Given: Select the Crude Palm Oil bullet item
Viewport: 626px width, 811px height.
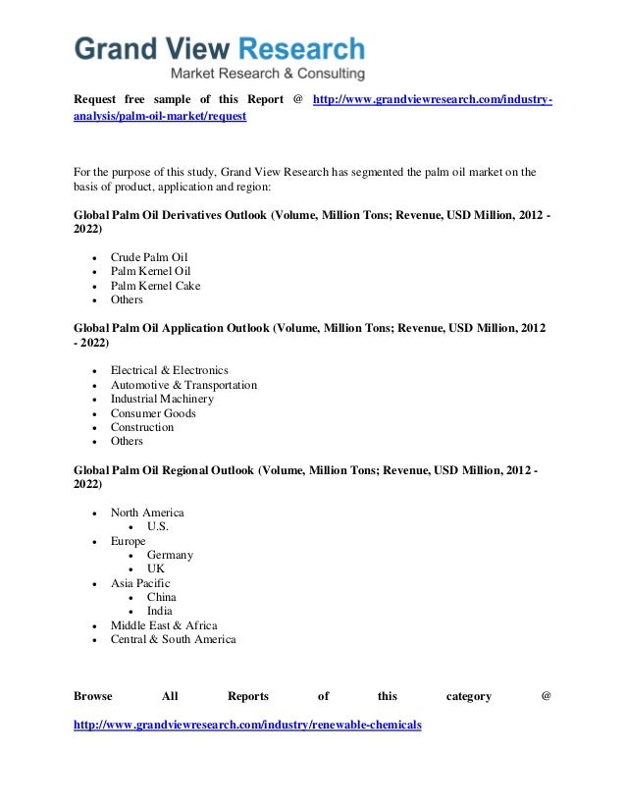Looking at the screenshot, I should point(148,257).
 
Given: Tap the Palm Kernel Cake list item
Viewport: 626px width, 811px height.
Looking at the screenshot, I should point(155,286).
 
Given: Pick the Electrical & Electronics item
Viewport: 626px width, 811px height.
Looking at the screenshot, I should point(169,370).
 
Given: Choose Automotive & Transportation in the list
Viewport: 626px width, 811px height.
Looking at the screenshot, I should point(183,385).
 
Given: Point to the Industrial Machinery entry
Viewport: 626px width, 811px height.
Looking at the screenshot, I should point(162,399).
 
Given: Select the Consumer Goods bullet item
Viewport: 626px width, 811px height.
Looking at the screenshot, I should point(153,413).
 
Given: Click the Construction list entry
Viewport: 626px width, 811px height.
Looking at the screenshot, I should point(142,427).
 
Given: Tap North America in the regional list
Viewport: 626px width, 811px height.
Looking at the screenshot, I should point(147,513).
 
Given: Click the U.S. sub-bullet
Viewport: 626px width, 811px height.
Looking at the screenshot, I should point(158,526).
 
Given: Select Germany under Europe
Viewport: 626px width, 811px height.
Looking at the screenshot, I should point(170,555).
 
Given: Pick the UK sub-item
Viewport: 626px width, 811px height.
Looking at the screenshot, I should point(156,568).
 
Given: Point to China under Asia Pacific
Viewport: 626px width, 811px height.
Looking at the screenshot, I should point(162,597).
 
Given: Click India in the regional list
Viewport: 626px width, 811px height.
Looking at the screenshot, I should point(160,611).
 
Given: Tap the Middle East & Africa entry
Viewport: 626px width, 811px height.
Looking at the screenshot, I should point(164,625).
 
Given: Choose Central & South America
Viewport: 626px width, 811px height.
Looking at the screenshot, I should point(173,639).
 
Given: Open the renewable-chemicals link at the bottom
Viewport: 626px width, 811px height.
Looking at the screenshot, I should point(247,725).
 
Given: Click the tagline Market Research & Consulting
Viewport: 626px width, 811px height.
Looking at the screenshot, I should point(268,73).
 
